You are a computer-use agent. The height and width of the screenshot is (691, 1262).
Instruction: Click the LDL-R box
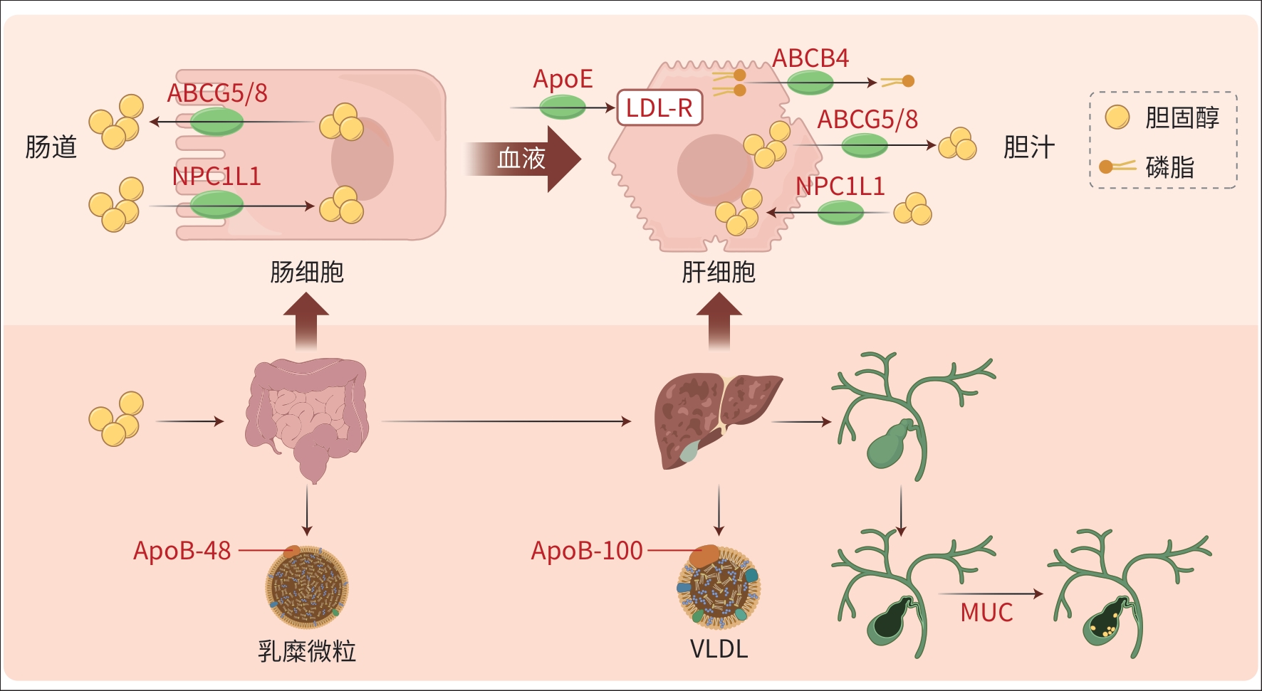click(x=659, y=108)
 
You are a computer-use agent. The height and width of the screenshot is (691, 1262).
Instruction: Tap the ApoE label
click(x=563, y=79)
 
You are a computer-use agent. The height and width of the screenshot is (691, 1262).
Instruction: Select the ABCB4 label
click(x=810, y=58)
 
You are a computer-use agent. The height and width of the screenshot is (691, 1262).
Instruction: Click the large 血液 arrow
click(x=523, y=159)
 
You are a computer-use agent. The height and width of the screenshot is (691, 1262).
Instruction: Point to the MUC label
click(x=986, y=613)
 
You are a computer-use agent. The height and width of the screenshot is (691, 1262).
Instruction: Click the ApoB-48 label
click(x=182, y=551)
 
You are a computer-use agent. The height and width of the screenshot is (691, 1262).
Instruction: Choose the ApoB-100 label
click(x=587, y=551)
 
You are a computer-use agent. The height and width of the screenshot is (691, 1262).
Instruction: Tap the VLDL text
click(x=719, y=649)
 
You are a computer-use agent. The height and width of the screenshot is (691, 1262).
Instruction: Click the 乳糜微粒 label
click(x=307, y=650)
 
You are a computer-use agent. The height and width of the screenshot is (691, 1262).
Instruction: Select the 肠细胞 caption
click(x=307, y=272)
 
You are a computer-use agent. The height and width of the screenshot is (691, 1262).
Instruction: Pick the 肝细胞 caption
click(x=719, y=272)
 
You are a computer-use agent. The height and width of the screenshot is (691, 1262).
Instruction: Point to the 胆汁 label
click(x=1028, y=147)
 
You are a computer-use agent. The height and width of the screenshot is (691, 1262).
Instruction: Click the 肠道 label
click(x=51, y=147)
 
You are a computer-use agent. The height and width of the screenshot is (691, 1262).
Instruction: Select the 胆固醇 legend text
click(x=1182, y=117)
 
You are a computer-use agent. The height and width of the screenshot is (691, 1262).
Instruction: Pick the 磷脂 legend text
click(x=1169, y=167)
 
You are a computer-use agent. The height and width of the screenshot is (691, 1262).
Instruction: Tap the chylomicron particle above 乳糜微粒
click(x=307, y=587)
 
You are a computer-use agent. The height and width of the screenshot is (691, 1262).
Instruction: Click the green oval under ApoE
click(x=563, y=107)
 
